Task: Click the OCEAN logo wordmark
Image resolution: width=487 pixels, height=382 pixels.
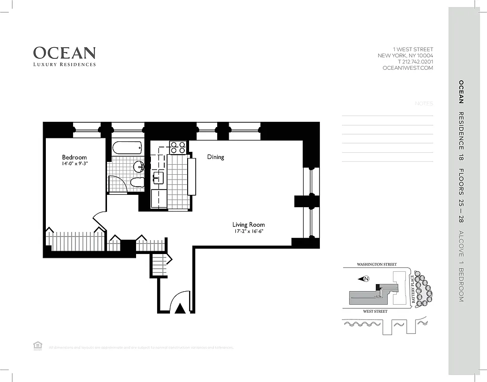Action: tap(64, 53)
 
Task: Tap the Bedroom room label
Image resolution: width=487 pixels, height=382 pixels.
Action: tap(74, 158)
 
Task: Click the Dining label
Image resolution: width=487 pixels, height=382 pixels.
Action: tap(215, 157)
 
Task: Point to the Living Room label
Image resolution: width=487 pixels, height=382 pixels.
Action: tap(248, 224)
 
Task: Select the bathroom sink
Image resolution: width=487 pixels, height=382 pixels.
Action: tap(139, 167)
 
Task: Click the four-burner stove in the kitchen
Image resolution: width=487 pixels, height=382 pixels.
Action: tap(178, 148)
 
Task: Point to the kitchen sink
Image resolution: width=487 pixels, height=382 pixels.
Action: tap(159, 178)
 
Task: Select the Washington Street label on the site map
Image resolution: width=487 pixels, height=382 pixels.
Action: tap(374, 264)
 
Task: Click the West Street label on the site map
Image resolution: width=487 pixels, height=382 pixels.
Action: tap(375, 311)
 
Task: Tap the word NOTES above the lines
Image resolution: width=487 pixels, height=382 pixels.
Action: tap(423, 104)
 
